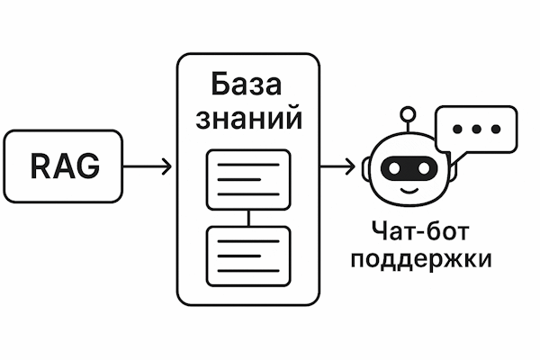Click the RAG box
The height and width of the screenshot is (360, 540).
(63, 166)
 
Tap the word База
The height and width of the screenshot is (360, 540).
(247, 85)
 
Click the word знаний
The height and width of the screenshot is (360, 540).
(247, 119)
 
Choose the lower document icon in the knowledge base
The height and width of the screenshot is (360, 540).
(248, 255)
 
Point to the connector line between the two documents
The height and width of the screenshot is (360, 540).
(248, 217)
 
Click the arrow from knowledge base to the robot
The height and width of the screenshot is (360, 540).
(337, 166)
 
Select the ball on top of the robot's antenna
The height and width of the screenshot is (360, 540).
(409, 113)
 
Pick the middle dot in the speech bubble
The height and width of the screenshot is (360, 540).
(475, 130)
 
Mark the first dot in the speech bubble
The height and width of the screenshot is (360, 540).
(457, 130)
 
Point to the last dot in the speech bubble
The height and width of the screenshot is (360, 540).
(493, 130)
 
